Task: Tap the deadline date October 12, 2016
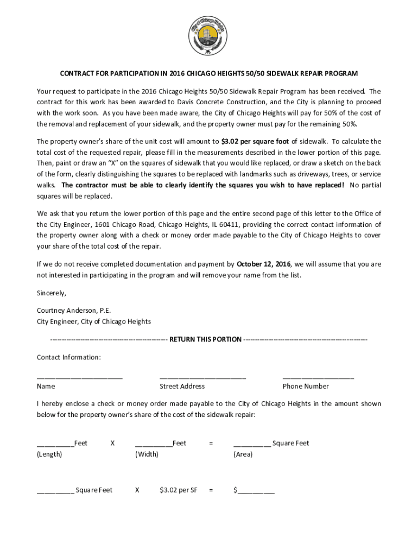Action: (263, 264)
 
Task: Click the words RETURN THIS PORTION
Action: (205, 339)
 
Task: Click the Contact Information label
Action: (68, 357)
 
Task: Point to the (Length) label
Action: (49, 454)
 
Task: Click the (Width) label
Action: (147, 454)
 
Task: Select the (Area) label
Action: (243, 454)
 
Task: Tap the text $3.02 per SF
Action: (178, 490)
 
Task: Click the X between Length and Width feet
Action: (112, 444)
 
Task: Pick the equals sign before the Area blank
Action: (211, 444)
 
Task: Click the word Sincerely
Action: (52, 293)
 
